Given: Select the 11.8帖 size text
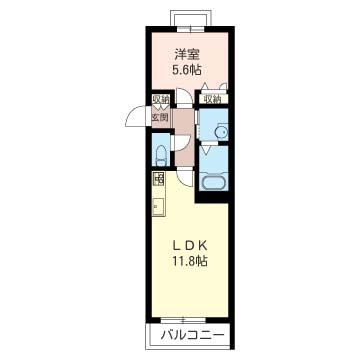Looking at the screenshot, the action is tap(189, 260).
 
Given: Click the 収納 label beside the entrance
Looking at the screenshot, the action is tap(161, 100).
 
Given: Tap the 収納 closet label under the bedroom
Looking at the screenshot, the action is tap(213, 99).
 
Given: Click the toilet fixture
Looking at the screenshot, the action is tap(161, 156).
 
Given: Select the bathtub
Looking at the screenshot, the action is tap(214, 183).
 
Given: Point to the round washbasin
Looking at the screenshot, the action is tap(221, 132).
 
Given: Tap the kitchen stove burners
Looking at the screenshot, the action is tap(159, 180).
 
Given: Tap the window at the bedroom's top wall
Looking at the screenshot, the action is tap(190, 29).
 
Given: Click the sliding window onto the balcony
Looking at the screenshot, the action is tap(183, 321).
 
